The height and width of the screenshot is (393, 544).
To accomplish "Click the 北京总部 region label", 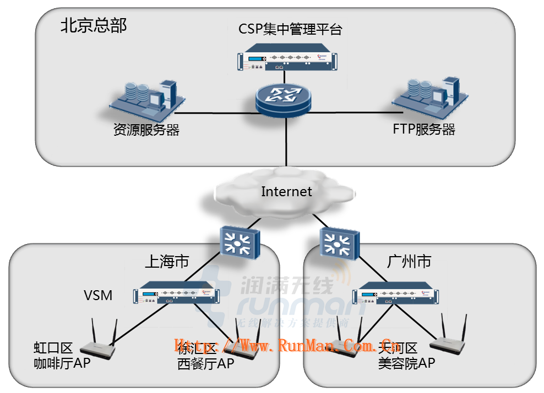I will [x=94, y=25].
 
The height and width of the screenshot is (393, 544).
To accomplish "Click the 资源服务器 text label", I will [x=146, y=130].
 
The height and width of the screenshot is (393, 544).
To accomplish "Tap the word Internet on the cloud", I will [x=286, y=191].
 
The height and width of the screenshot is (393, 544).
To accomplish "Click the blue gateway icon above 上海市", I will [x=237, y=241].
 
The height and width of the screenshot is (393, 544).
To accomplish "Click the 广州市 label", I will [x=409, y=261].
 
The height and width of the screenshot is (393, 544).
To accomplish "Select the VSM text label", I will [x=98, y=295].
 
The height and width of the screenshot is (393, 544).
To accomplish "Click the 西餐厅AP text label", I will [x=205, y=363].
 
